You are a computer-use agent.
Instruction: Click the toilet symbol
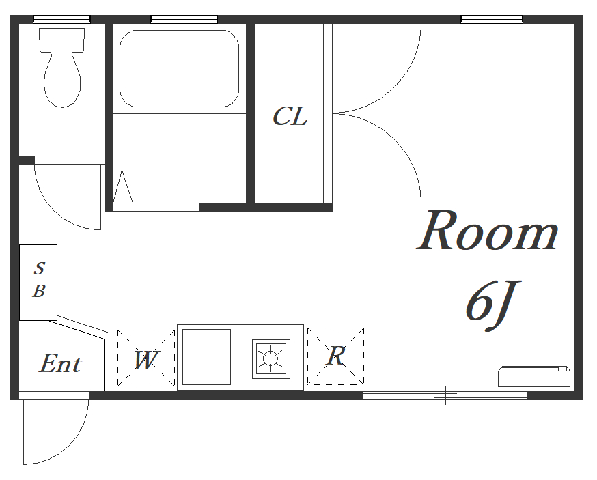click(62, 68)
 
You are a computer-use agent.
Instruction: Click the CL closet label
click(290, 117)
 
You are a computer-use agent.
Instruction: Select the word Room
click(487, 231)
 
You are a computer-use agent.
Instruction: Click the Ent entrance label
click(61, 363)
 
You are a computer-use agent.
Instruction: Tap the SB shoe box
click(38, 283)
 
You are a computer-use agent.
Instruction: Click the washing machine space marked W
click(145, 358)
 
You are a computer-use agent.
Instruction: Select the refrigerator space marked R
click(336, 356)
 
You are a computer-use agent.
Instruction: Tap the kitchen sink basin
click(206, 357)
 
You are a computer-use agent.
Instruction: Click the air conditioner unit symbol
click(534, 376)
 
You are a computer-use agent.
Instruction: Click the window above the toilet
click(61, 19)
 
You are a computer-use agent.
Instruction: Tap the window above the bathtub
click(184, 19)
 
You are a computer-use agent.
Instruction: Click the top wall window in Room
click(492, 19)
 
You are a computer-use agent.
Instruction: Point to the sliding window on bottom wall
click(445, 396)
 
